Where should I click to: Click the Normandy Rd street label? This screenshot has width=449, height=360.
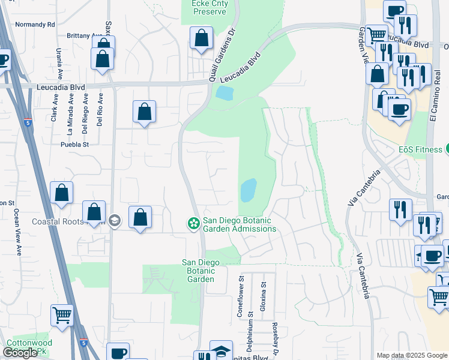pos(35,25)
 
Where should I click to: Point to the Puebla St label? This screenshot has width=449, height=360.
pos(74,145)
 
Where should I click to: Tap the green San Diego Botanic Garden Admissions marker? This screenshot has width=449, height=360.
pos(193,224)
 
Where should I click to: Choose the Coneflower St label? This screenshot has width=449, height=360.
pos(240,296)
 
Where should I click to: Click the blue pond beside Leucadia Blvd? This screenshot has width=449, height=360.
pos(224,93)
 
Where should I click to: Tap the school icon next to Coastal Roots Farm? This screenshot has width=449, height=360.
pos(115,221)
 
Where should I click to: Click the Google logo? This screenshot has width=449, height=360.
pos(20,353)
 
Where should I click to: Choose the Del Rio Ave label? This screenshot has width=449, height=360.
pos(100,109)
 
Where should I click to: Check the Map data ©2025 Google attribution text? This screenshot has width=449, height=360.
pos(411,355)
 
